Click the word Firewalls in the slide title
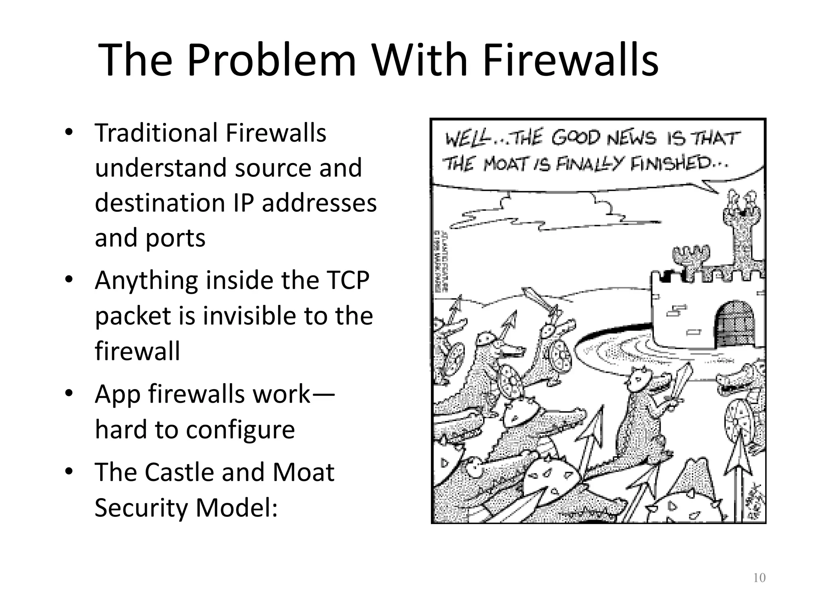[x=570, y=60]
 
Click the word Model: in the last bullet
[x=237, y=507]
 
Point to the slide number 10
[x=759, y=578]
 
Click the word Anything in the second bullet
[x=146, y=280]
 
